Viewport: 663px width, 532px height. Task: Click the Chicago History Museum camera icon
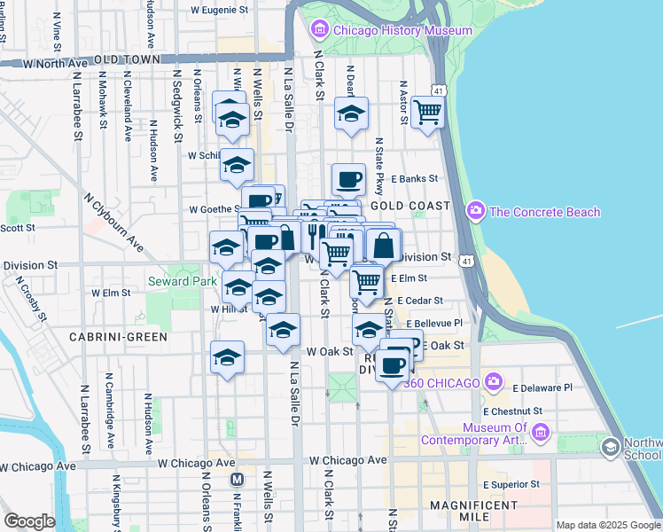320,30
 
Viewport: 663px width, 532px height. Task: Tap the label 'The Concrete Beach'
544,212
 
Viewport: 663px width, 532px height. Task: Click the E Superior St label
511,484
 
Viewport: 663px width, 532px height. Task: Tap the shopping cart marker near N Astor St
427,113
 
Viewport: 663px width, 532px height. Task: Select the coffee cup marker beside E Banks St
349,179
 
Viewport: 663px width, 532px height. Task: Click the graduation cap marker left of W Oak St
227,357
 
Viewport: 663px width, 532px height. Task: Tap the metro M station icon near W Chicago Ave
237,480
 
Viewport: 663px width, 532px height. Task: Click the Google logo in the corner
29,521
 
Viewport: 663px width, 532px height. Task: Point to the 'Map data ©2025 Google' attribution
607,525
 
